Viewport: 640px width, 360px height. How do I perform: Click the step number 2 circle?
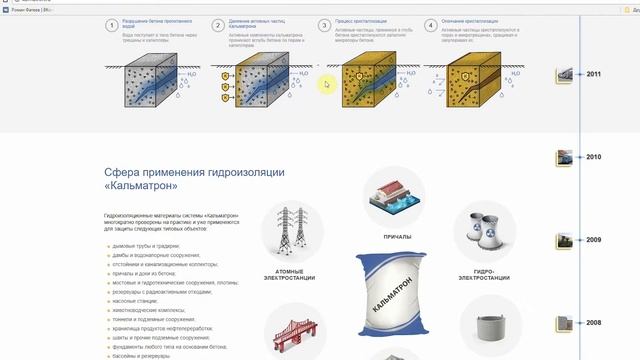coord(218,25)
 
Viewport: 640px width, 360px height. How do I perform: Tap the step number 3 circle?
coord(324,25)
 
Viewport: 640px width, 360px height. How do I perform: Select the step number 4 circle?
coord(430,25)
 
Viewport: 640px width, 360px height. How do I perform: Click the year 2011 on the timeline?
coord(594,75)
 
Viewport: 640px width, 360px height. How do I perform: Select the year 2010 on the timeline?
coord(594,157)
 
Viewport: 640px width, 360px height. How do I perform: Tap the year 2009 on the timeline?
coord(594,240)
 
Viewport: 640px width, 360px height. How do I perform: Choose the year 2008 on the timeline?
coord(594,323)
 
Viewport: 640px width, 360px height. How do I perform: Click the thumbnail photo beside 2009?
coord(567,240)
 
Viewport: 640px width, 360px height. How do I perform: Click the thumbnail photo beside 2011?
coord(567,75)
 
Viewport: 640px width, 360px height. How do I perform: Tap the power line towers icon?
coord(291,229)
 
